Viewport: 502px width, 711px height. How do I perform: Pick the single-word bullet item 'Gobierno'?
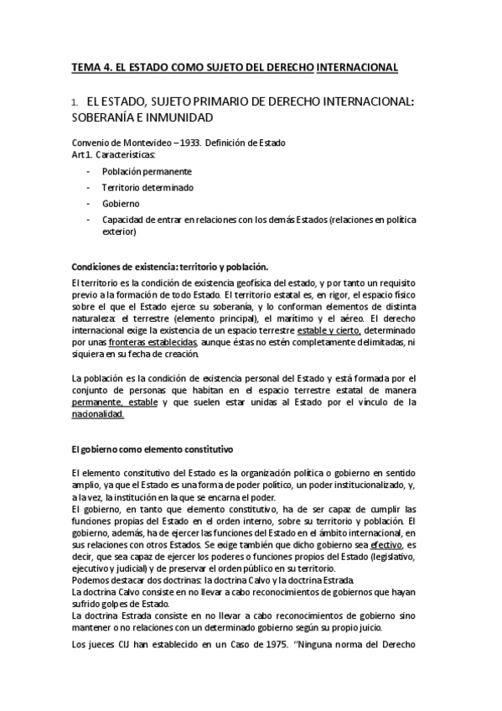pyautogui.click(x=121, y=203)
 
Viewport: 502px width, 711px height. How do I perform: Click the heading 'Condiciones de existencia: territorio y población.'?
pyautogui.click(x=170, y=267)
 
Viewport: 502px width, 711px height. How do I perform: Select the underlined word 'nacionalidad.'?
pyautogui.click(x=98, y=414)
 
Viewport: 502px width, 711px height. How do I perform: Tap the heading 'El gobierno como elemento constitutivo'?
pyautogui.click(x=152, y=449)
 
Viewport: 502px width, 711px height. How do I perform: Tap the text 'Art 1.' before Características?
pyautogui.click(x=82, y=154)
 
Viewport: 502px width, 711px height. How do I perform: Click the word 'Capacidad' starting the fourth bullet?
pyautogui.click(x=122, y=220)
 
